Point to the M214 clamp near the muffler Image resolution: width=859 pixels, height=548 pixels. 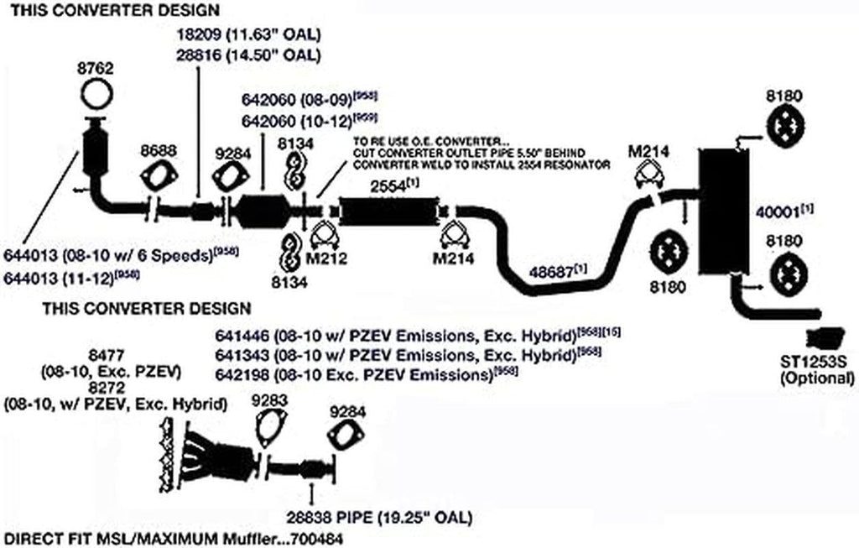pos(646,175)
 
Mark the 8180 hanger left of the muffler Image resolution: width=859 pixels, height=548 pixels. pos(670,252)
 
